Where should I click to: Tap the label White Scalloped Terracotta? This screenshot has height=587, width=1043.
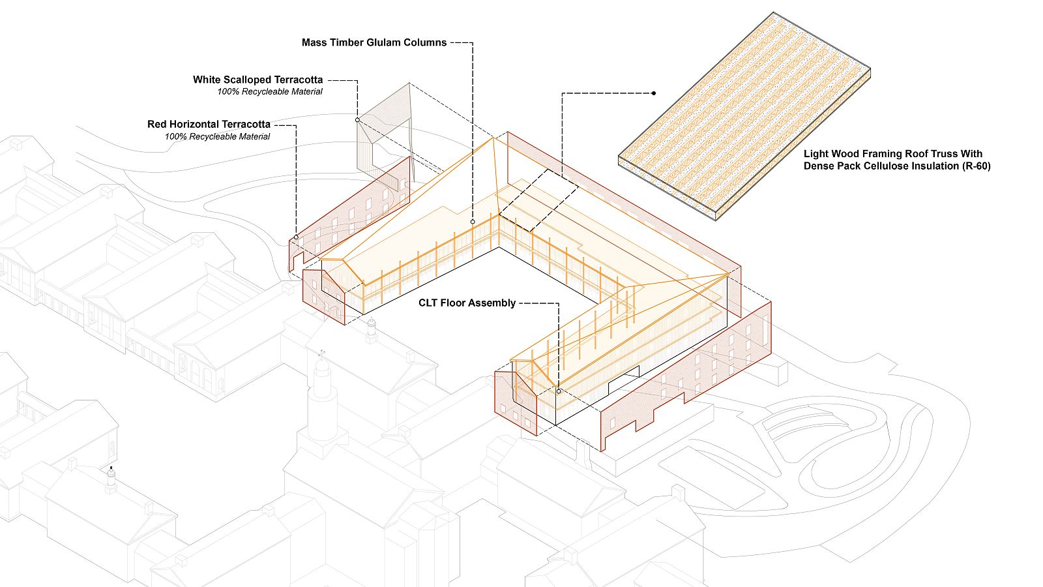coord(257,80)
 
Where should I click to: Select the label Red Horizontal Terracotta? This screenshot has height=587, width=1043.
coord(209,124)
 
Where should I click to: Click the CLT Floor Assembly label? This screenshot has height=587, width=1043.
coord(467,303)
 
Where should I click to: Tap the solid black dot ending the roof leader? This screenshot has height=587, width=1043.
coord(654,93)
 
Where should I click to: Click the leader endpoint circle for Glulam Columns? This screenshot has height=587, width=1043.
coord(473,222)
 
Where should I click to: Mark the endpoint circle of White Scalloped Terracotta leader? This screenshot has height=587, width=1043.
coord(357,120)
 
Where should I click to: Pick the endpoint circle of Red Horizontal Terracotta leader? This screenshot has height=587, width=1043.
coord(296,237)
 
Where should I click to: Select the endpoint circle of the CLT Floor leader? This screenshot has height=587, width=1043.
coord(559,391)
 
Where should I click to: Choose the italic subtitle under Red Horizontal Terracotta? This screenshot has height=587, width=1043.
coord(217,136)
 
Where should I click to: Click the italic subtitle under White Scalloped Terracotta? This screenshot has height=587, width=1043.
coord(270,92)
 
